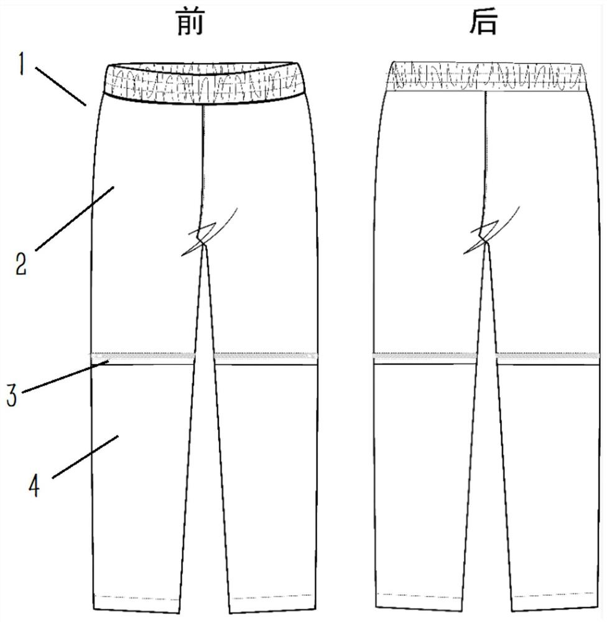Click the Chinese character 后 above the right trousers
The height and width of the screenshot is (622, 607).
[x=485, y=24]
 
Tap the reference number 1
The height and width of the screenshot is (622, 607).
[x=21, y=63]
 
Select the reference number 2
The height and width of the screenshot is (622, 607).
[x=21, y=264]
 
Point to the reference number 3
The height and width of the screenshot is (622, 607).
[x=11, y=396]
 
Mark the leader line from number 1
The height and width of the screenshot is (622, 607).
[x=60, y=83]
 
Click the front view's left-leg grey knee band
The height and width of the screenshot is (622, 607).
[x=143, y=356]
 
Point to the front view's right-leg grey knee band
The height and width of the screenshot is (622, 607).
[x=264, y=356]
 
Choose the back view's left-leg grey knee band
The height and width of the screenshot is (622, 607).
[x=423, y=356]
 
